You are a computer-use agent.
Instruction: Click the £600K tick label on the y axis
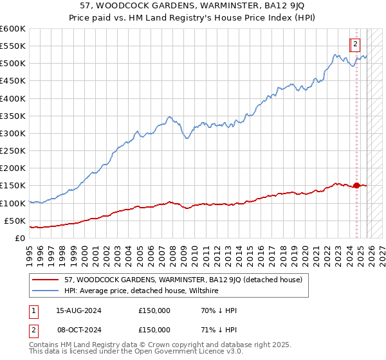point(12,29)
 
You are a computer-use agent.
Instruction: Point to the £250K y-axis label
point(12,150)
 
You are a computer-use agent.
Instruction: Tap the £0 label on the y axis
point(19,238)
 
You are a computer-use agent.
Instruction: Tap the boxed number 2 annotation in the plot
point(354,44)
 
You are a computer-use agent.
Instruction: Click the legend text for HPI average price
point(142,291)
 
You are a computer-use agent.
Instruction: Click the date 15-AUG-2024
point(78,310)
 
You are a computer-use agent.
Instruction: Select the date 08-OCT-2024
point(78,330)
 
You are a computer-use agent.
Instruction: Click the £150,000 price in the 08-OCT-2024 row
point(154,330)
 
